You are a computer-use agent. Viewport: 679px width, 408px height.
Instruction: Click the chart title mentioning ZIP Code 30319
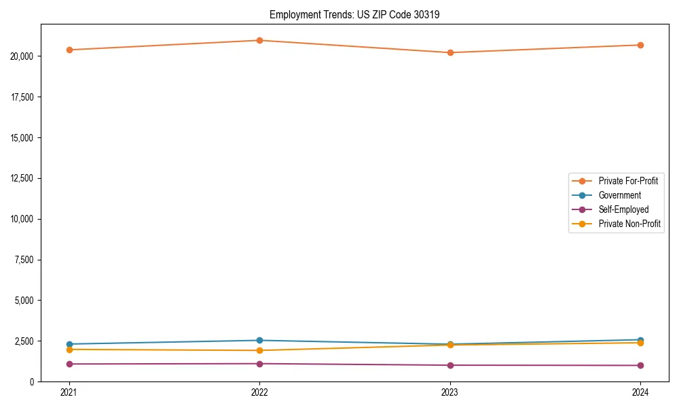coord(354,14)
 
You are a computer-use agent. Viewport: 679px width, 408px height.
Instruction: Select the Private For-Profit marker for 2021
coord(69,50)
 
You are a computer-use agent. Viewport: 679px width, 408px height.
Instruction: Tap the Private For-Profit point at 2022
coord(259,40)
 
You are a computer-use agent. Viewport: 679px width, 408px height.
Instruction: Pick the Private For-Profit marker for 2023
coord(450,52)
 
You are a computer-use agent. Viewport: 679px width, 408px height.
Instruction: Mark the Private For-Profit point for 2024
coord(640,45)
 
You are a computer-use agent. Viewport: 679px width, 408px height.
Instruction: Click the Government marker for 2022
coord(259,340)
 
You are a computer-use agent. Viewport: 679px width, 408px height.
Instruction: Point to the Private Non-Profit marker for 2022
coord(259,350)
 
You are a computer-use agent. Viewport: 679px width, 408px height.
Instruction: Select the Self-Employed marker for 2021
coord(69,364)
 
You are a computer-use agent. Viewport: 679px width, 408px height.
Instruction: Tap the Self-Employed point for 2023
coord(450,365)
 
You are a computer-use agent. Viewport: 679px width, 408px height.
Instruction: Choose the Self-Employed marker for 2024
coord(640,365)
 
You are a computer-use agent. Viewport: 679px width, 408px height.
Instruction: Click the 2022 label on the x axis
coord(259,392)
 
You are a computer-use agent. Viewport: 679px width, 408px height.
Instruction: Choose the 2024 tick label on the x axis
coord(640,392)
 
